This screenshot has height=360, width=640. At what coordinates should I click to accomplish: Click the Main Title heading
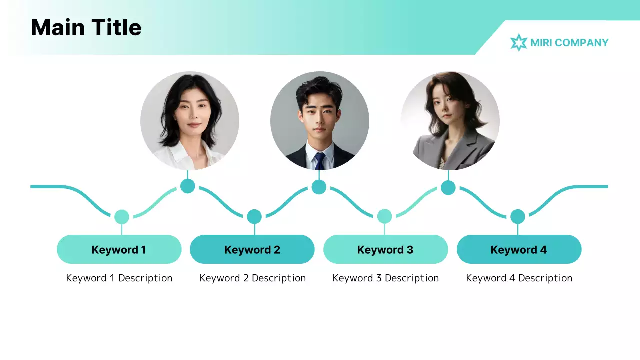point(86,27)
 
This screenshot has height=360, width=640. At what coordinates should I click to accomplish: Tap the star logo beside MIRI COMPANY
point(519,43)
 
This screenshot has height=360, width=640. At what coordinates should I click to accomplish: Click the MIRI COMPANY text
point(569,43)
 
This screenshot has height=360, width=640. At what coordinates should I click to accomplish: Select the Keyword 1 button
point(119,249)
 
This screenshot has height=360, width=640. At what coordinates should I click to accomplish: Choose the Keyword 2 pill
point(252,249)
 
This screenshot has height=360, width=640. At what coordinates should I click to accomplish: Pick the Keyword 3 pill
point(385,249)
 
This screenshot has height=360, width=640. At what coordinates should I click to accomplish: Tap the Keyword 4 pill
point(519,249)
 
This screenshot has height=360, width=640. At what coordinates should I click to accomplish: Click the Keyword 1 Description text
point(119,278)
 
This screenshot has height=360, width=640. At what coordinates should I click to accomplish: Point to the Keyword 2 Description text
point(252,278)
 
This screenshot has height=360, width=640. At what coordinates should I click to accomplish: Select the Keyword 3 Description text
point(385,278)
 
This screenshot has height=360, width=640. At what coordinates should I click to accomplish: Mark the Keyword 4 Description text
point(519,278)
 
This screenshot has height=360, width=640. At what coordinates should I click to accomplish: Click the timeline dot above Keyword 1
point(121,217)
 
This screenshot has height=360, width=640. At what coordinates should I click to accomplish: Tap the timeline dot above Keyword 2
point(254,216)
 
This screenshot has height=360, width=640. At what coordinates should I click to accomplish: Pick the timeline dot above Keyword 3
point(384,216)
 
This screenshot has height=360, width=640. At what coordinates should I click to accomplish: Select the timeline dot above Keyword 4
point(518,217)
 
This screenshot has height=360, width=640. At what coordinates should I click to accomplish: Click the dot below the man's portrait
point(319,187)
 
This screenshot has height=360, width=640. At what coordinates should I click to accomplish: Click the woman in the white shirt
point(190,121)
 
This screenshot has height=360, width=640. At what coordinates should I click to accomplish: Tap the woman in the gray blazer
point(450,121)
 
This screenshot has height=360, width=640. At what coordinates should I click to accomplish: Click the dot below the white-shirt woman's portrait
point(187,186)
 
